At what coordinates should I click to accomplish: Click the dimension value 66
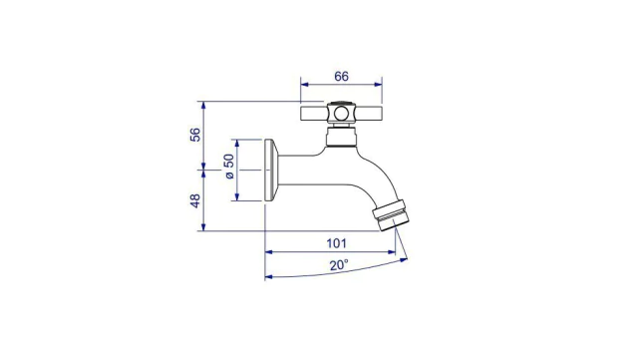(341, 76)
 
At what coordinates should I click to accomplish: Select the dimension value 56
(195, 135)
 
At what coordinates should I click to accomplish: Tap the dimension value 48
(195, 200)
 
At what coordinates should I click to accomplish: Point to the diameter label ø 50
(229, 167)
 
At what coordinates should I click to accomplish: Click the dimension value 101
(337, 243)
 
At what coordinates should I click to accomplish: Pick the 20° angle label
(339, 265)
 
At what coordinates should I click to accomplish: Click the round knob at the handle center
(341, 114)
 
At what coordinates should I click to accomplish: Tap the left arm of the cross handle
(314, 114)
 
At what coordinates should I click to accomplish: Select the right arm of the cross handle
(368, 114)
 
